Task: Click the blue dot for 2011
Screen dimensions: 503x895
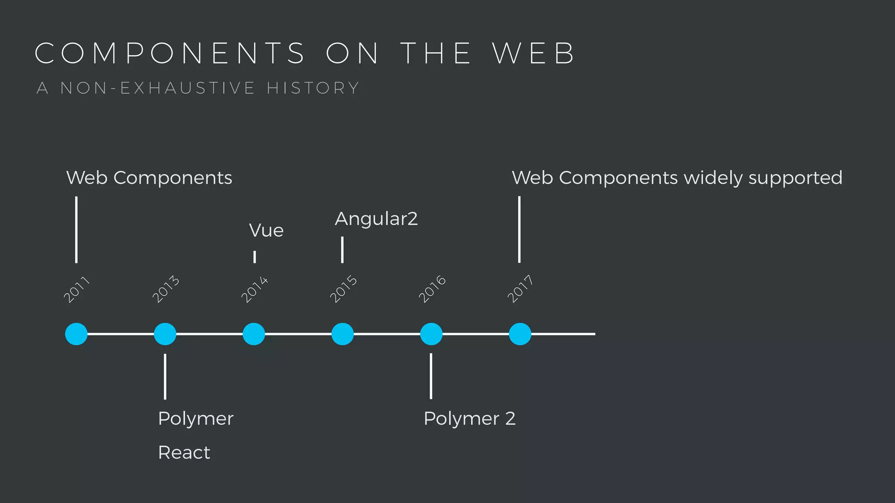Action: coord(76,334)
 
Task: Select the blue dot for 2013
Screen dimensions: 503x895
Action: coord(165,334)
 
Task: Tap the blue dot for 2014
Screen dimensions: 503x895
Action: coord(254,334)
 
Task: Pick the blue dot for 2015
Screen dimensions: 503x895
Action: coord(343,334)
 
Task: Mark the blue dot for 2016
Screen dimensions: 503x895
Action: coord(431,334)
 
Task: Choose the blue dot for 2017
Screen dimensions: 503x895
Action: coord(520,334)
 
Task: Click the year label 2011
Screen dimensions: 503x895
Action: coord(76,289)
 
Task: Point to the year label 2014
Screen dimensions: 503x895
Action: coord(254,289)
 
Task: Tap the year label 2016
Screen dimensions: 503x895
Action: coord(432,289)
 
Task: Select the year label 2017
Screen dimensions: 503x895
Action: coord(520,289)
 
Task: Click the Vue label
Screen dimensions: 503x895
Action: coord(266,231)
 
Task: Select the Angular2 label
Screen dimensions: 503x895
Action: coord(376,219)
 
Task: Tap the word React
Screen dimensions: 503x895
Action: coord(184,452)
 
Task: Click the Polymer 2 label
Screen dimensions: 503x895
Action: coord(470,419)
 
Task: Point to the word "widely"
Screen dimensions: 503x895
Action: coord(713,178)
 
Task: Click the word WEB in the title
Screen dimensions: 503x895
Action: coord(534,53)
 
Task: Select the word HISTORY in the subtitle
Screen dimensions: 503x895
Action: coord(313,88)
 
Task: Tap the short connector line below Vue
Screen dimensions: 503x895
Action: coord(254,257)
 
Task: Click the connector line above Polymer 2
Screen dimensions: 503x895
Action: coord(431,376)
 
